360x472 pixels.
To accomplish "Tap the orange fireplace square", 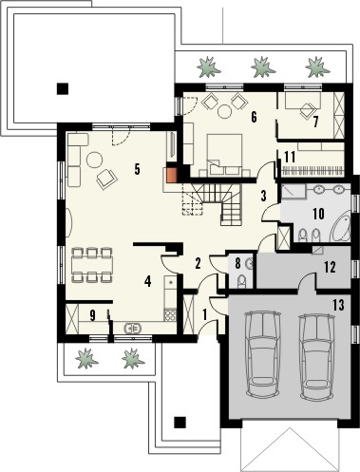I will pos(173,174).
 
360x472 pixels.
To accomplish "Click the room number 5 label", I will pos(138,170).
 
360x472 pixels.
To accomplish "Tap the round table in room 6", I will pos(225,109).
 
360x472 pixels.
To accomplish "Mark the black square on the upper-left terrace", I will pos(63,88).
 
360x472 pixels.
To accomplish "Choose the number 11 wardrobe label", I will pos(289,155).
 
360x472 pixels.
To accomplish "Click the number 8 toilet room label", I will pos(238,264).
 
